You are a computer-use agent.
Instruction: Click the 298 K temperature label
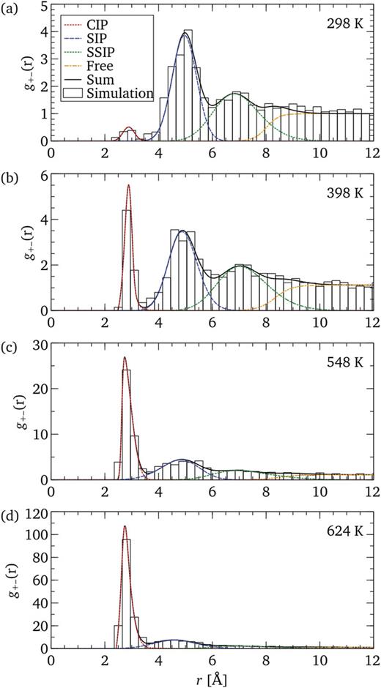tap(347, 23)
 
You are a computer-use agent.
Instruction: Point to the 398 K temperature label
tap(347, 187)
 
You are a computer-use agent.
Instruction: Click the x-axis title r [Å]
tap(211, 677)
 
